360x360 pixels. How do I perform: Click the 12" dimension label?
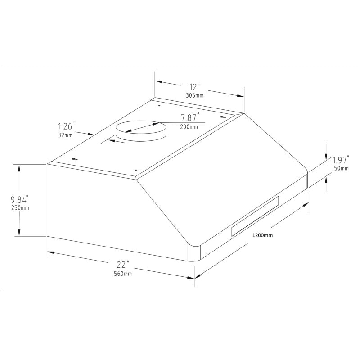click(x=195, y=87)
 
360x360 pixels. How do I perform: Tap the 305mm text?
click(x=195, y=95)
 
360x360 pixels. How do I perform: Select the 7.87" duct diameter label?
click(x=190, y=117)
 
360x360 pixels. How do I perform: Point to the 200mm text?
click(x=189, y=126)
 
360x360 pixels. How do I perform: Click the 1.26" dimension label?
click(x=67, y=126)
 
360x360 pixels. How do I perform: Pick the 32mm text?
click(x=65, y=135)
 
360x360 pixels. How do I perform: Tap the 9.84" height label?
click(x=20, y=199)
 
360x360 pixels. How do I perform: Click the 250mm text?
click(x=20, y=208)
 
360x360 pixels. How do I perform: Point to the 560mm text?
click(x=123, y=274)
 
